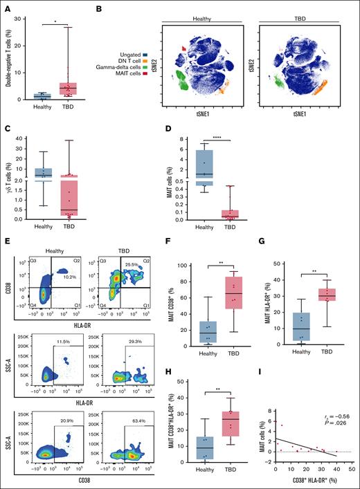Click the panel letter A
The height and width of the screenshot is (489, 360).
pyautogui.click(x=6, y=7)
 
